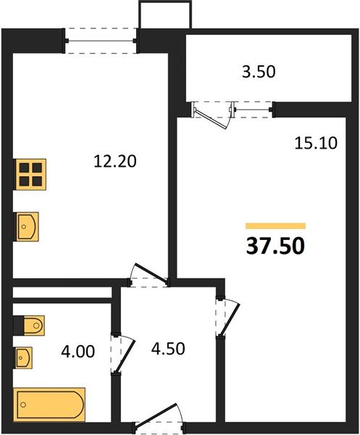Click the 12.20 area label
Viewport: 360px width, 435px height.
coord(116,162)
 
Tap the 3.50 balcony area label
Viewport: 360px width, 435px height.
coord(259,72)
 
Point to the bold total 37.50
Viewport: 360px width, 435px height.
coord(275,246)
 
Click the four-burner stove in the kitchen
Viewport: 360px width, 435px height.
coord(30,175)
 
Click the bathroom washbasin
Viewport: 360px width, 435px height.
coord(26,357)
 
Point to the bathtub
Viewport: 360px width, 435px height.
coord(50,402)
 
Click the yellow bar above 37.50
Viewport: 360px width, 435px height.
coord(275,226)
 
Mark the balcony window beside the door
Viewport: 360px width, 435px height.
coord(253,109)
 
